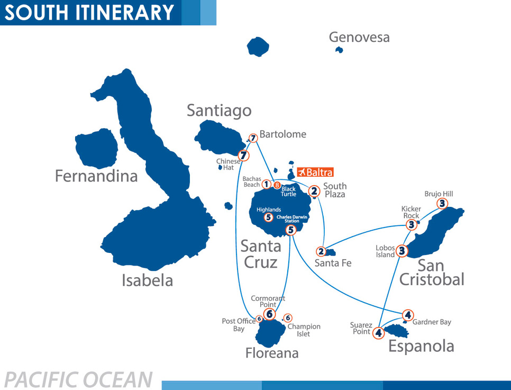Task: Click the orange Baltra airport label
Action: coord(315,172)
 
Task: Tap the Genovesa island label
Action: coord(359,38)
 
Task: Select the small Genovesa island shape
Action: coord(339,50)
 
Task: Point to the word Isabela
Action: coord(147,280)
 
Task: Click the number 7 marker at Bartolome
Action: coord(253,138)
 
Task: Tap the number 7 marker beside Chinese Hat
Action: coord(243,156)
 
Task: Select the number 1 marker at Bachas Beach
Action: coord(267,184)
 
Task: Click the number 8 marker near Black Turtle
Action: coord(277,185)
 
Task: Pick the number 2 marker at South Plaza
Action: coord(314,191)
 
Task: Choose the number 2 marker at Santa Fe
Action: coord(321,251)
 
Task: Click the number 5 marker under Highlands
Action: coord(268,217)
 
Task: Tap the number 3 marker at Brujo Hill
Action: coord(442,203)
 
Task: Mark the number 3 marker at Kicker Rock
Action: coord(412,225)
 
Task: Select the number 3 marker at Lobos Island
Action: coord(402,251)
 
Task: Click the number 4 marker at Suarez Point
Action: coord(378,333)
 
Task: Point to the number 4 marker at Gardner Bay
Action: coord(407,314)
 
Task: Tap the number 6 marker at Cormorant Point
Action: coord(269,314)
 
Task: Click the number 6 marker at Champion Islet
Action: coord(288,318)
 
